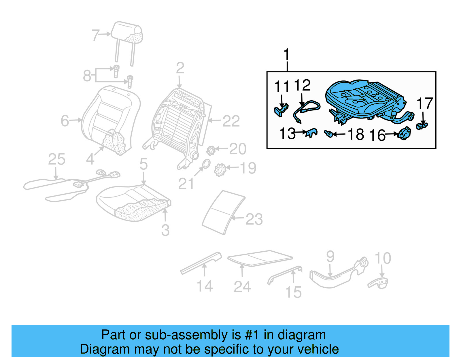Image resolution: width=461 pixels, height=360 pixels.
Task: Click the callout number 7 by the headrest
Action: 95,35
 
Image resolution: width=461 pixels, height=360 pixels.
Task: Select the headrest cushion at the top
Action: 128,33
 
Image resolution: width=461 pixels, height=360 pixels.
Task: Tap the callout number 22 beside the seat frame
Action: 231,121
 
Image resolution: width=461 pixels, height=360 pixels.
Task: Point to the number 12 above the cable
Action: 302,86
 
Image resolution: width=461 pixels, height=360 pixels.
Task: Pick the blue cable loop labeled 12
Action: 308,108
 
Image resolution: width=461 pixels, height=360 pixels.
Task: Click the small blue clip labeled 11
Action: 280,111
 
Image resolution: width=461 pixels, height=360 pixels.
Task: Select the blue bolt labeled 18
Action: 328,133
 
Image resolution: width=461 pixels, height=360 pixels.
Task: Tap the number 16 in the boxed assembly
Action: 377,135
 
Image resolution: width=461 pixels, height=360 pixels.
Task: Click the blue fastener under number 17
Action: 422,126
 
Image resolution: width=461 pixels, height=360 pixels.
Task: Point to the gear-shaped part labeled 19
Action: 220,169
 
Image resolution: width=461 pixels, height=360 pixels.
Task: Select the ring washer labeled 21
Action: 206,164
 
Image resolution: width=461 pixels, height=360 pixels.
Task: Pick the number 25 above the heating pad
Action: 56,159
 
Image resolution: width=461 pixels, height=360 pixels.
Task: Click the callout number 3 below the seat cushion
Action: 165,230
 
